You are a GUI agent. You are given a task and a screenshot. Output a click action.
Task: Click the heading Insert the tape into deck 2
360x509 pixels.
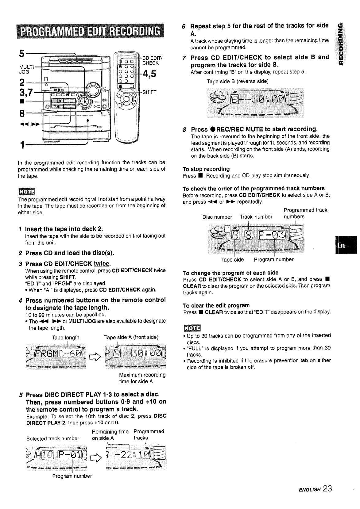tap(64, 229)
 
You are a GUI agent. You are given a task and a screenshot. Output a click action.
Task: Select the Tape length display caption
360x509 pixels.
tap(66, 338)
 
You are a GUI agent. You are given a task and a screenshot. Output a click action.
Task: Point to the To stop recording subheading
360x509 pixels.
tap(206, 169)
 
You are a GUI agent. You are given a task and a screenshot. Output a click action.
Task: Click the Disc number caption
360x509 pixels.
tap(217, 217)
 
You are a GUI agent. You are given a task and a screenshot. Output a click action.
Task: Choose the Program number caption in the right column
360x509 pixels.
tap(274, 260)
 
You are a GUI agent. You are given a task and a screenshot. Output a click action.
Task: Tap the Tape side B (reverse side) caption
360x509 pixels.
tap(238, 81)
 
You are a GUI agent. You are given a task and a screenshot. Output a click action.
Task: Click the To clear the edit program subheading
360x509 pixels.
tap(216, 305)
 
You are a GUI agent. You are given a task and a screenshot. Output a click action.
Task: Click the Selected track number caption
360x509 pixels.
tap(53, 438)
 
